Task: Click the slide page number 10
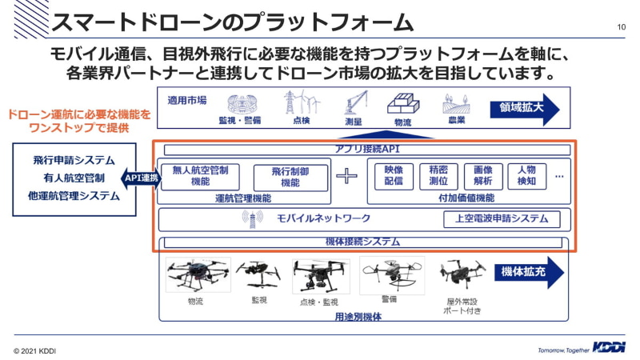click(621, 27)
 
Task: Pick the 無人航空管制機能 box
click(201, 176)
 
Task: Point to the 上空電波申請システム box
click(502, 218)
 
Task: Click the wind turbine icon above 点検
click(300, 102)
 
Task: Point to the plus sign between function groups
click(346, 177)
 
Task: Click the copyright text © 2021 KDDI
click(34, 350)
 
